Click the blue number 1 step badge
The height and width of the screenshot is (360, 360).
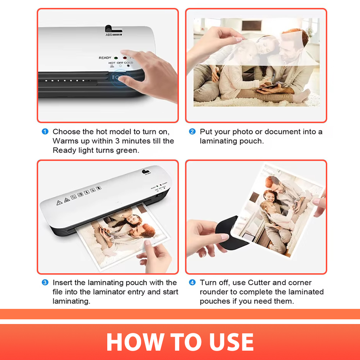point(45,131)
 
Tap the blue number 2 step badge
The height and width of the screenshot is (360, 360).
point(192,131)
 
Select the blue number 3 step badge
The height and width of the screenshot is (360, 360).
point(45,282)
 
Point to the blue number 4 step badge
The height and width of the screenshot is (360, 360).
point(192,282)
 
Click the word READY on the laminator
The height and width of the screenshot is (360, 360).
point(105,58)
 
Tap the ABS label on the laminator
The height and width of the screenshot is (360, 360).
point(109,35)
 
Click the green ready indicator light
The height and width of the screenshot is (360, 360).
point(116,58)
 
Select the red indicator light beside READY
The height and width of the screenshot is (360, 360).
point(125,58)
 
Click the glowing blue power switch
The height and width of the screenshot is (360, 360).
point(117,78)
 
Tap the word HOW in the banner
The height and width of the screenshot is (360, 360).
point(135,342)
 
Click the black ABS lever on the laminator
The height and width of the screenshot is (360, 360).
point(112,29)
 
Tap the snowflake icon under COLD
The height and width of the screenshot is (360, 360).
point(128,66)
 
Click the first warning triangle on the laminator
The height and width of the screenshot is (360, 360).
point(59,202)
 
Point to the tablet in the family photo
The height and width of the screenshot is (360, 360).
point(266,87)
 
